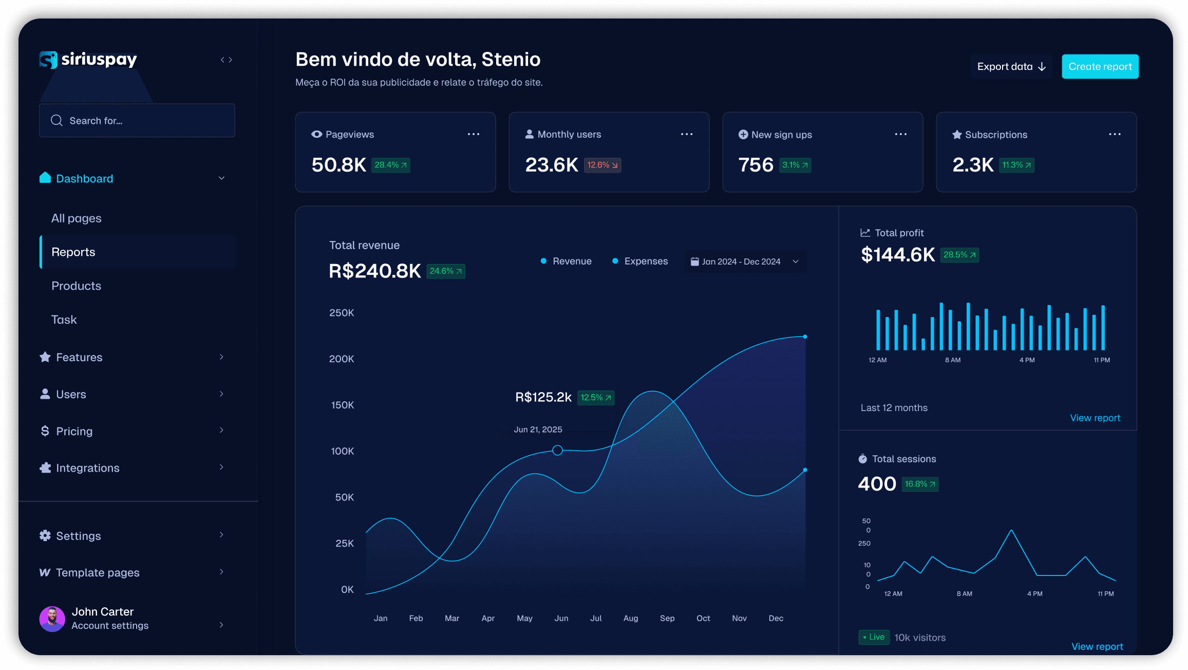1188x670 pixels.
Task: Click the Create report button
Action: pos(1100,67)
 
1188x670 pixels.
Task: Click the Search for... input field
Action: pos(137,121)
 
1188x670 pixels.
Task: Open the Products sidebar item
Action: pos(76,286)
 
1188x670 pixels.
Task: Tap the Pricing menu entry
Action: pos(74,431)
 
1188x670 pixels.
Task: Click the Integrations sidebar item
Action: pos(87,468)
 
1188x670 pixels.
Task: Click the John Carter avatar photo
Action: pos(52,619)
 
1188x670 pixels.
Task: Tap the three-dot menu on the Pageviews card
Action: pos(474,134)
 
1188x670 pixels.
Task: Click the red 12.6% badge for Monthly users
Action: pos(602,165)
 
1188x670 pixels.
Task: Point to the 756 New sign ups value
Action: pos(756,165)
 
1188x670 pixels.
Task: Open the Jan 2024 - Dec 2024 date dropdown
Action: pos(745,262)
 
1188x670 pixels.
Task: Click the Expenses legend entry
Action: pos(640,262)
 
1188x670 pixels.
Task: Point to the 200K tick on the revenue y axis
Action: pos(342,359)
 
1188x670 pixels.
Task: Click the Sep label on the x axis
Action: pos(667,618)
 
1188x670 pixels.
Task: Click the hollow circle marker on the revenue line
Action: pos(558,451)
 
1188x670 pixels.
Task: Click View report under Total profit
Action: pos(1095,418)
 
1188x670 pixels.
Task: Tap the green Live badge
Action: pos(874,637)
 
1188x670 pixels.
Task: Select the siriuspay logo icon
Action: pos(48,60)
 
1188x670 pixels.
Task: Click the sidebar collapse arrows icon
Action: pos(227,60)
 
